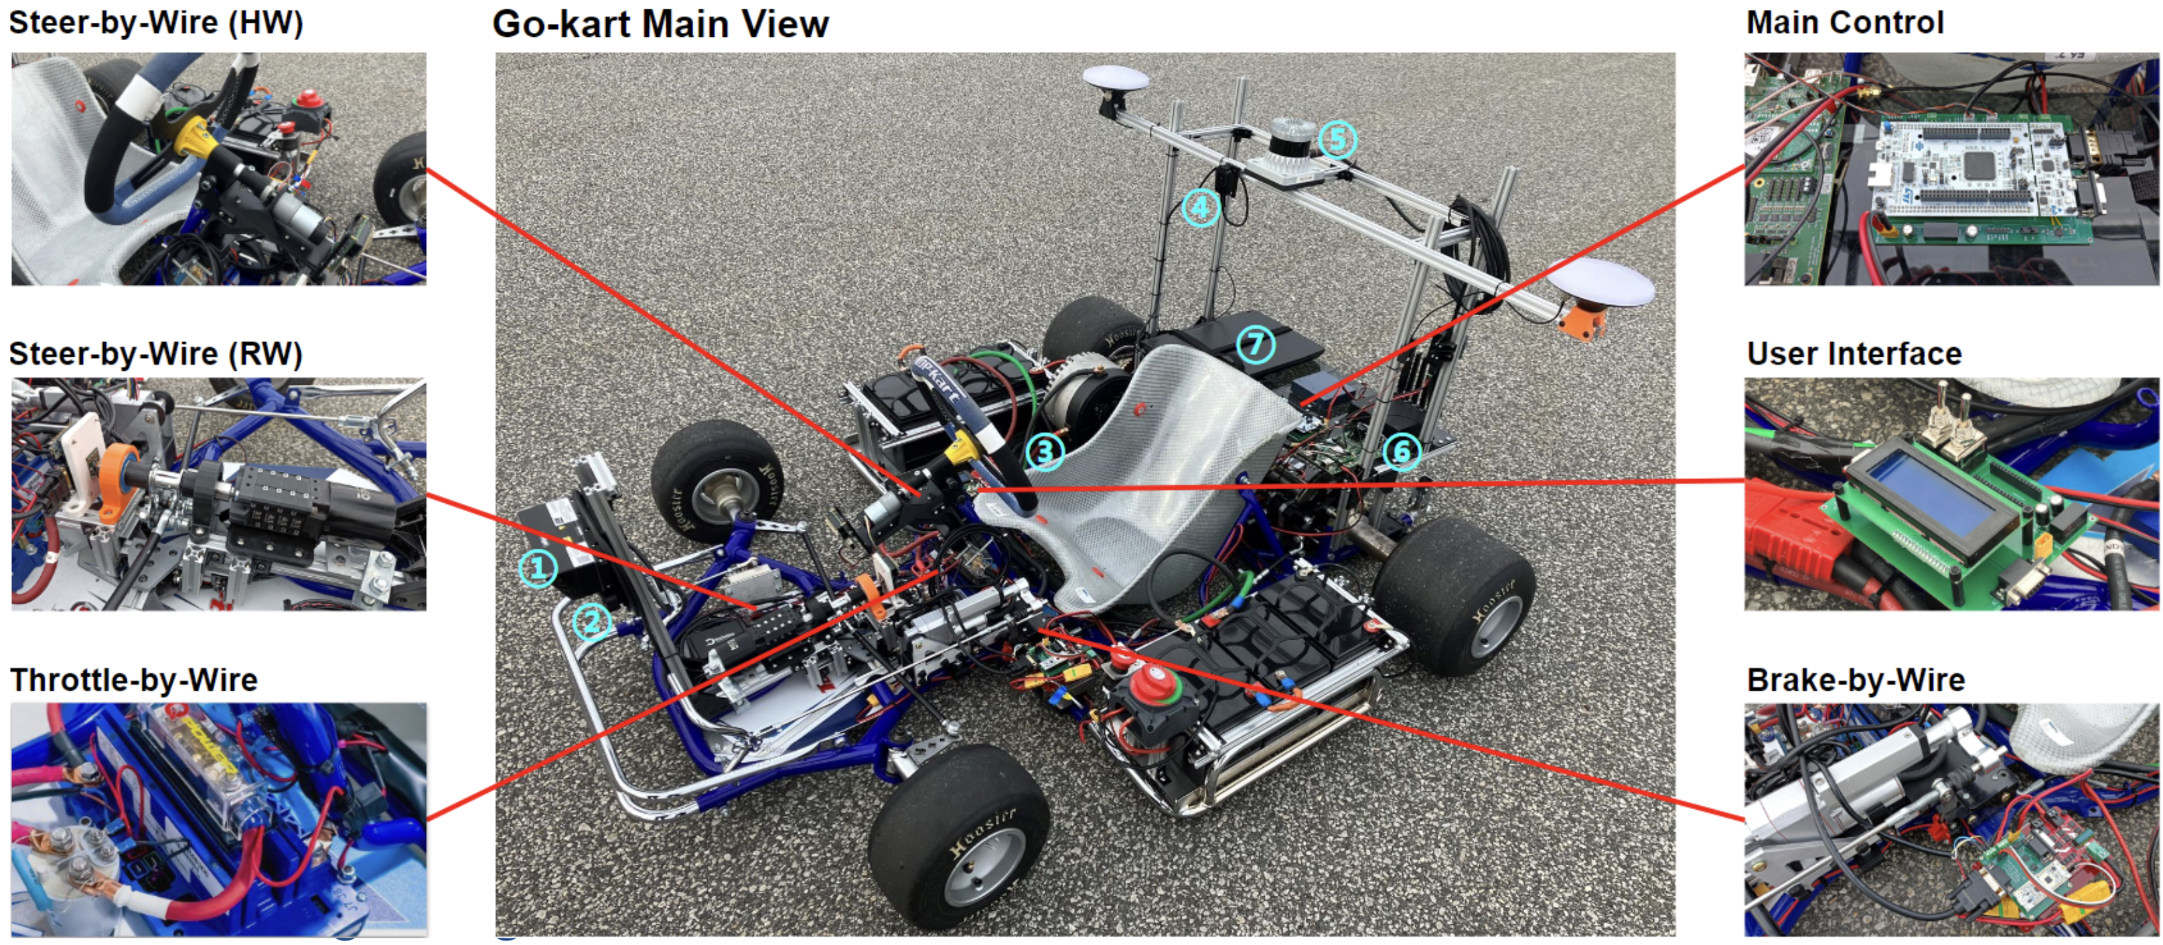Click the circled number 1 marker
click(x=537, y=568)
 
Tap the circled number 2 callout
click(x=592, y=622)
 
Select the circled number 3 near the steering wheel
click(x=1045, y=452)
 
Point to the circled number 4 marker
click(x=1201, y=206)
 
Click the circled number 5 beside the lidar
click(x=1337, y=139)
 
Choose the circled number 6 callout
click(x=1402, y=452)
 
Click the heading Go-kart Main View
click(x=661, y=24)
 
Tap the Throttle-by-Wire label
click(x=133, y=680)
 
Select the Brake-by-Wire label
click(x=1856, y=680)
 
